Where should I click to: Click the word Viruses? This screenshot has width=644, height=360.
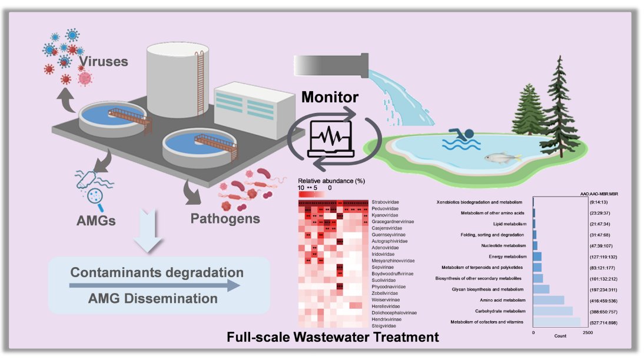(104, 61)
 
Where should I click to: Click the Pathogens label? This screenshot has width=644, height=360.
(225, 218)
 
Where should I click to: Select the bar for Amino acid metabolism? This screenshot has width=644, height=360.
(548, 300)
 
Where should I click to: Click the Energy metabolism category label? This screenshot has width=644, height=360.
(504, 256)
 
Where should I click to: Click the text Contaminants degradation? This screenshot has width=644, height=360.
(157, 273)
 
